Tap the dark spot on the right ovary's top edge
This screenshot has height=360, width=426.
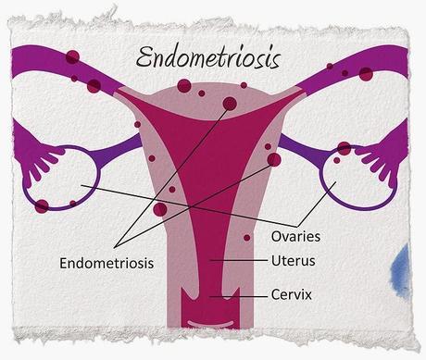(345, 148)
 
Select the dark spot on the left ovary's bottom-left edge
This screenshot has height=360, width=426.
(42, 205)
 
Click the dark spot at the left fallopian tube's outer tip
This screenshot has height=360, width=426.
(73, 57)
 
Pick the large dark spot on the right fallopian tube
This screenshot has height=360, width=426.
(365, 72)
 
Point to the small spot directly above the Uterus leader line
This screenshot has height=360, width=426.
(246, 238)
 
